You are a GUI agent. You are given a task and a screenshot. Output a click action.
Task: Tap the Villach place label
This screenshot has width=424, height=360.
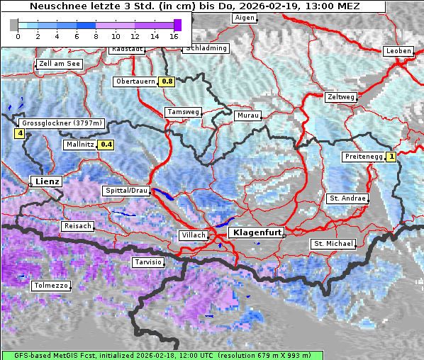[x=194, y=235]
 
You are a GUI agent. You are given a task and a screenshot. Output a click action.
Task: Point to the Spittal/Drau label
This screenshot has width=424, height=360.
[x=126, y=191]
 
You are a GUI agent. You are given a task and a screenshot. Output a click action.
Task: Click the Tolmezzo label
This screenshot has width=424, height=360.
[x=51, y=286]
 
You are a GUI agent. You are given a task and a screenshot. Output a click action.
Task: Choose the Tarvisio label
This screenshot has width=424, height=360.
[x=148, y=262]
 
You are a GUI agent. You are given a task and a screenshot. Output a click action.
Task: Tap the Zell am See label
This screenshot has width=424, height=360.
[x=59, y=64]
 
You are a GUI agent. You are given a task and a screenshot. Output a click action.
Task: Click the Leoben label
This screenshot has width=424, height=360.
[x=398, y=51]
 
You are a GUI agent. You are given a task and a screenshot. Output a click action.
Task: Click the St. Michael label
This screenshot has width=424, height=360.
[x=333, y=244]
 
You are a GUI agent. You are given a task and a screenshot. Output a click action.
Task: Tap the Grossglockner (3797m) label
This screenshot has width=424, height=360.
[x=62, y=123]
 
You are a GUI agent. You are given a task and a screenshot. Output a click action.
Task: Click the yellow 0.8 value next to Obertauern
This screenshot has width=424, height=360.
[x=167, y=81]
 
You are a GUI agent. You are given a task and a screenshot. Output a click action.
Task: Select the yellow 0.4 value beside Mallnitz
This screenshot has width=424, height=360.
[x=106, y=145]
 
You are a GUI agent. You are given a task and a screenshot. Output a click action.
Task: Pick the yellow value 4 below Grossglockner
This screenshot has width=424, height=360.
[x=20, y=133]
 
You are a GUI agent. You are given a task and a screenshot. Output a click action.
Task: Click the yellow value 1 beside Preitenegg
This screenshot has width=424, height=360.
[x=391, y=157]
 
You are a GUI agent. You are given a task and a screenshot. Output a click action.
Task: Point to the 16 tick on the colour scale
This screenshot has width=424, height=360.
[x=174, y=35]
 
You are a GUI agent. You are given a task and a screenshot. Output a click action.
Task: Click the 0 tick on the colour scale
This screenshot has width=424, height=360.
[x=18, y=35]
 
